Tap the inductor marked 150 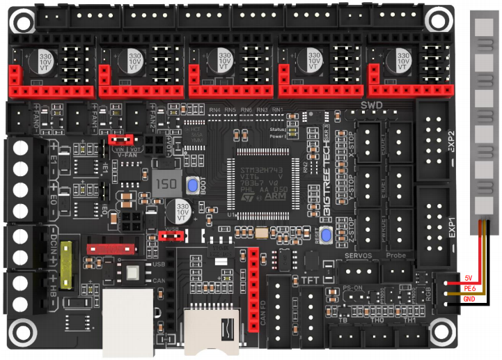pyautogui.click(x=166, y=185)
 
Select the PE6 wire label pyautogui.click(x=469, y=287)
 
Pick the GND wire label pyautogui.click(x=469, y=299)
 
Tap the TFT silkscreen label pyautogui.click(x=309, y=279)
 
